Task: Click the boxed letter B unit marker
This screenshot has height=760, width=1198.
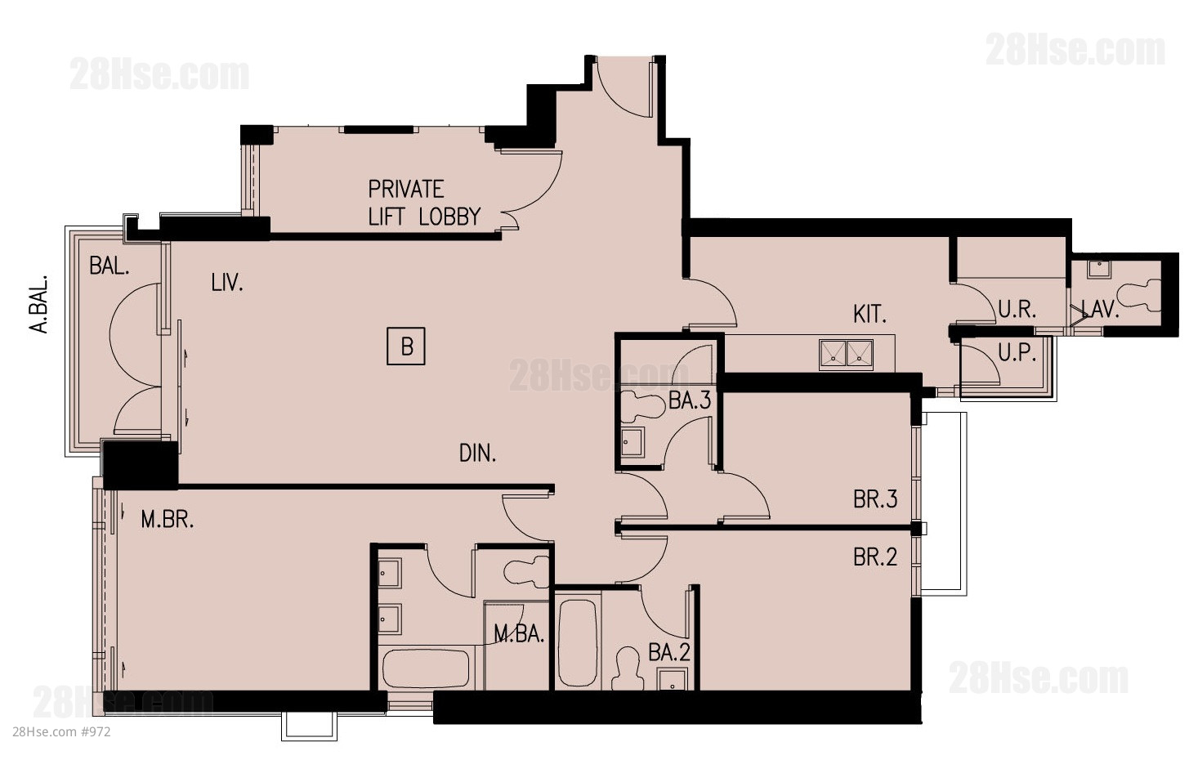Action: (x=406, y=346)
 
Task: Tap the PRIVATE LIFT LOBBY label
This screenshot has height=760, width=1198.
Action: (x=424, y=203)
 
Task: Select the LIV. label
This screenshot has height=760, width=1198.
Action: (x=227, y=283)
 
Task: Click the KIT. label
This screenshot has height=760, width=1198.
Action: (x=869, y=314)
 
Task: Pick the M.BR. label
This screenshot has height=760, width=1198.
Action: (x=168, y=519)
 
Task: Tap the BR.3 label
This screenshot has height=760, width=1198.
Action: (x=875, y=499)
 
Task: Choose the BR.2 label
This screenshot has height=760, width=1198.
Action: (x=875, y=557)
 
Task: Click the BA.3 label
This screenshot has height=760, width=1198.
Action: (x=690, y=400)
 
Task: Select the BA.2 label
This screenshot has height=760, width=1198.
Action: (x=669, y=652)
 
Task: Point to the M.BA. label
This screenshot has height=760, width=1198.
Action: (x=519, y=634)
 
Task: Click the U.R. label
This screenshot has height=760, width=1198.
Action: (x=1017, y=309)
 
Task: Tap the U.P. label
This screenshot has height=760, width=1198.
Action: (x=1017, y=352)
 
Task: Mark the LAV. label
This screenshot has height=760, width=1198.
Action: (x=1100, y=309)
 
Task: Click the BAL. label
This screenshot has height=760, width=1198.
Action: (x=110, y=266)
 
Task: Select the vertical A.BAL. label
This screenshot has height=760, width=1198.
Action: (x=38, y=304)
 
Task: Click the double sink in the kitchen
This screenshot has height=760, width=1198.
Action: (x=846, y=355)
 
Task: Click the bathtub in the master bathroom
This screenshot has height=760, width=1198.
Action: (x=426, y=668)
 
